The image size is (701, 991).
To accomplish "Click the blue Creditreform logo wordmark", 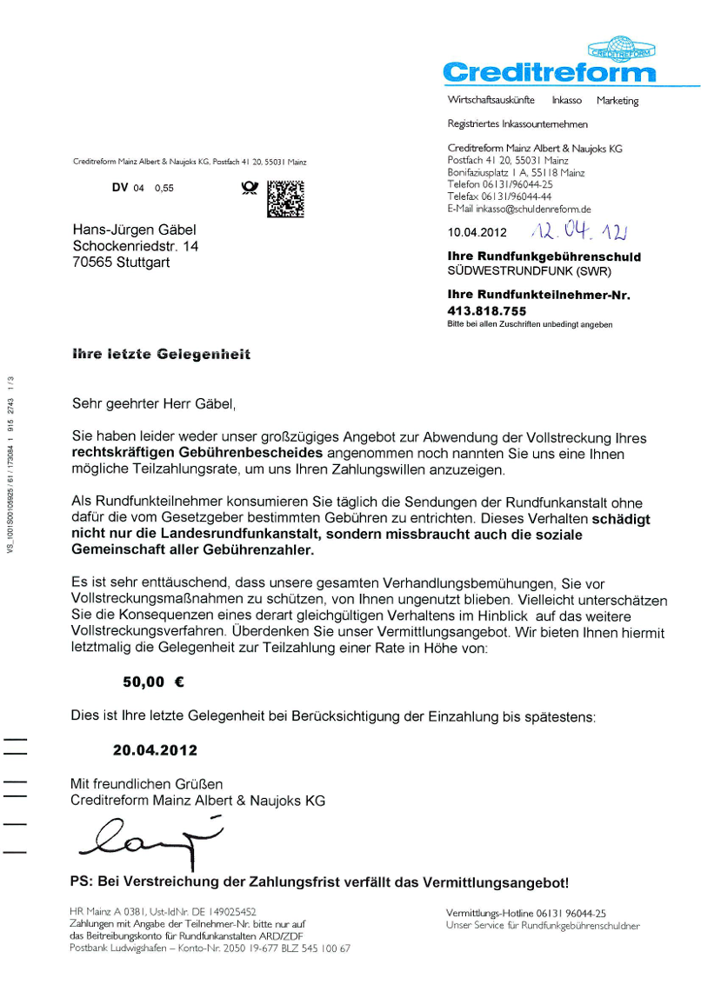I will [549, 71].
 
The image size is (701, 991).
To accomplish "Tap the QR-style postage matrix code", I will [285, 198].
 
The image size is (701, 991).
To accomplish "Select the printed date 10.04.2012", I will [477, 233].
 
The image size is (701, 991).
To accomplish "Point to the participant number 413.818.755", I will [487, 310].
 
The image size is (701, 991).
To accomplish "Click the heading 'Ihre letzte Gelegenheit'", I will [162, 355].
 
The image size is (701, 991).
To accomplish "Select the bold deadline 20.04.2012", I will [155, 749].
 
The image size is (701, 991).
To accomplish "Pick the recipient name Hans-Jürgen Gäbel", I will [135, 230].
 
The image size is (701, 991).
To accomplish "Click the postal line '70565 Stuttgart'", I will [121, 263].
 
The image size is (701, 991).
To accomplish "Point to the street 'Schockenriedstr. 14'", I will [136, 247].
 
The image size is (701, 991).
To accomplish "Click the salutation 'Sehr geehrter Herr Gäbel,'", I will [153, 403].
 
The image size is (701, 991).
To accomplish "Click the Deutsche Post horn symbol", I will [249, 188].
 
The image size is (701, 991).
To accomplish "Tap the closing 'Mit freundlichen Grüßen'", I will [146, 783].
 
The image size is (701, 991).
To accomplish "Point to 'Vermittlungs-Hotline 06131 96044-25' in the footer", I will [525, 914].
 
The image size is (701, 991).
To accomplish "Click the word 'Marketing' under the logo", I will [618, 101].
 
